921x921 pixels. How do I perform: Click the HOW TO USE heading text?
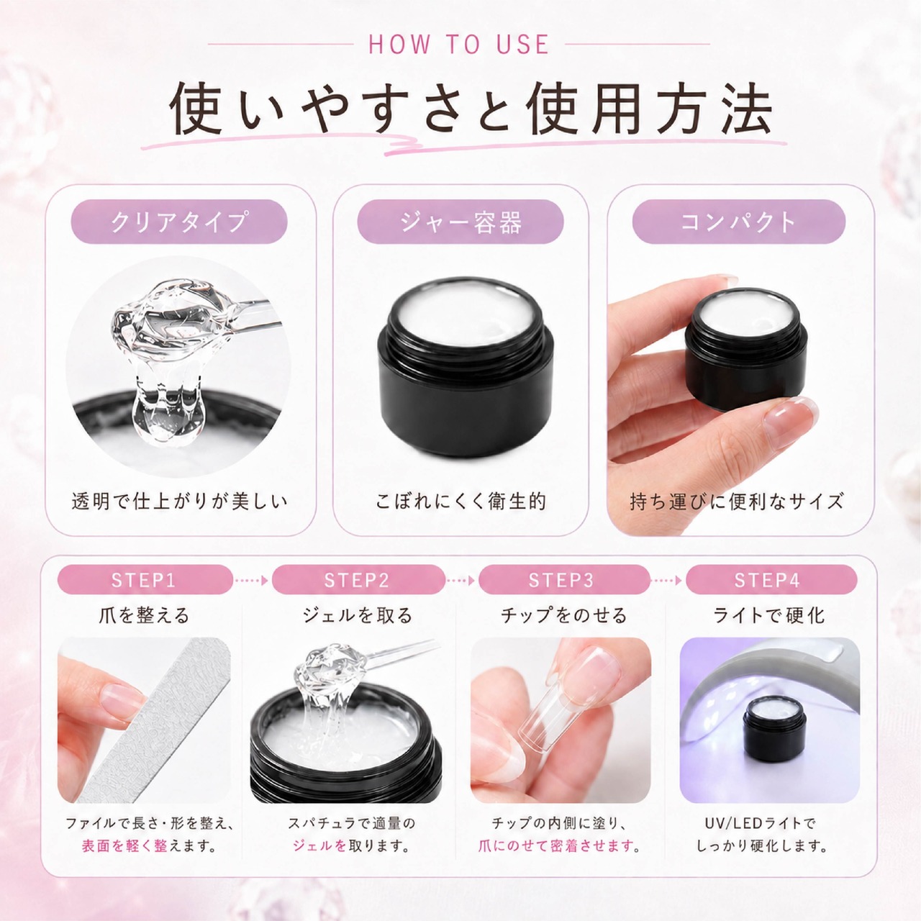[x=459, y=45]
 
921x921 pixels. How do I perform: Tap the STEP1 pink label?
[x=145, y=580]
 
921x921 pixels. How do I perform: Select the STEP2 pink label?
[x=358, y=580]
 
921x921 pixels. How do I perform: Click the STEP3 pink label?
[x=563, y=580]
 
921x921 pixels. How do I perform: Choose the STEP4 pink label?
[x=771, y=580]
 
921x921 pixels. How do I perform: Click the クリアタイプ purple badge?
[x=179, y=222]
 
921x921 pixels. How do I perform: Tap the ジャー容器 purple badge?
[x=460, y=222]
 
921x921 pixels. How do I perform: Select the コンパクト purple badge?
[x=738, y=222]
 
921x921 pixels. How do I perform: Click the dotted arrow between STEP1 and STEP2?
[x=252, y=580]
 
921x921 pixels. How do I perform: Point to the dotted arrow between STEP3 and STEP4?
[x=668, y=580]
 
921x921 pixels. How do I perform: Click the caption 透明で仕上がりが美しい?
[x=179, y=502]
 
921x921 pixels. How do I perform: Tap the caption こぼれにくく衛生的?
[x=460, y=502]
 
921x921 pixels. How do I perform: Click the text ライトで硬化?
[x=769, y=615]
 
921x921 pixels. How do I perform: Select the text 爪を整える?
[x=145, y=615]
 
